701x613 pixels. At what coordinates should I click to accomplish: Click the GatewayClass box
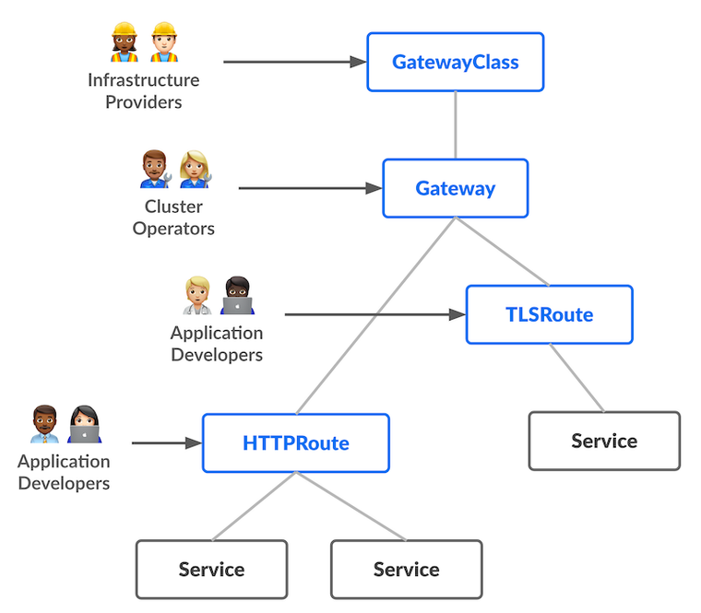pyautogui.click(x=456, y=63)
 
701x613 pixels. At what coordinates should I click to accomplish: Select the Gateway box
pyautogui.click(x=456, y=189)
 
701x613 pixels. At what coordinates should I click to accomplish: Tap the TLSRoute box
pyautogui.click(x=549, y=314)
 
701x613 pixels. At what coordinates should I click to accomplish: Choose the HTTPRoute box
pyautogui.click(x=295, y=443)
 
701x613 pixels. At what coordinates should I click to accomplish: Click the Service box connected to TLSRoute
pyautogui.click(x=604, y=441)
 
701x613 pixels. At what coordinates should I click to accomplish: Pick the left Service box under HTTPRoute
pyautogui.click(x=211, y=569)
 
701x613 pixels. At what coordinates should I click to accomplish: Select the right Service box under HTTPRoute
pyautogui.click(x=406, y=569)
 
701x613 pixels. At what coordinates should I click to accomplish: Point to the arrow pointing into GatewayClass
pyautogui.click(x=295, y=63)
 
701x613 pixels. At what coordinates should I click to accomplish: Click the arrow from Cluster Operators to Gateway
pyautogui.click(x=310, y=189)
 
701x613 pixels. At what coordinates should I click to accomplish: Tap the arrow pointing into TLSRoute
pyautogui.click(x=374, y=314)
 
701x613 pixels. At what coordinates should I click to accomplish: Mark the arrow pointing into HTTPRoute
pyautogui.click(x=167, y=443)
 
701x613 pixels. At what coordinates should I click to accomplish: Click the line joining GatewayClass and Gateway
pyautogui.click(x=456, y=125)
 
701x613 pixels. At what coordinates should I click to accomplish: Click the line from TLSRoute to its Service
pyautogui.click(x=577, y=379)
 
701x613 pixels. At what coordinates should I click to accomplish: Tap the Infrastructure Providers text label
pyautogui.click(x=143, y=90)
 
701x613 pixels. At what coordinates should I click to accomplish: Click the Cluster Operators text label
pyautogui.click(x=173, y=217)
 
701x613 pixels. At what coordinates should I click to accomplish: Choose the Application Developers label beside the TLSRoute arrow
pyautogui.click(x=217, y=343)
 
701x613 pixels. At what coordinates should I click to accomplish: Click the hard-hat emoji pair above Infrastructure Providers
pyautogui.click(x=143, y=42)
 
